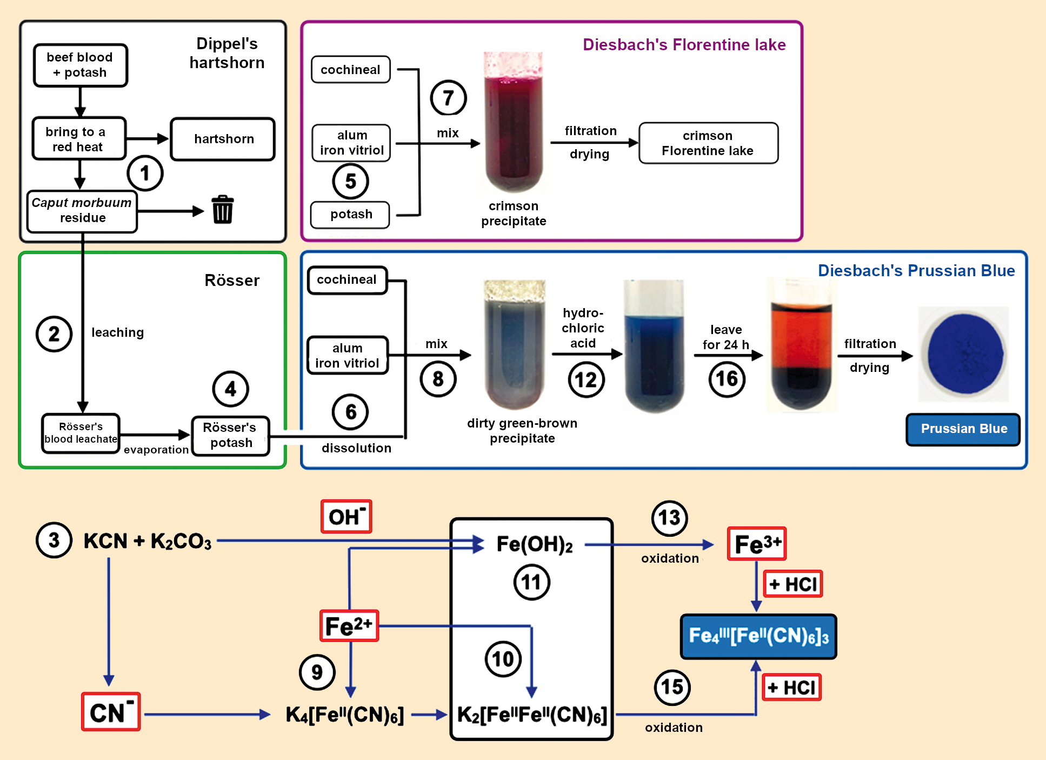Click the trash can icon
(x=222, y=210)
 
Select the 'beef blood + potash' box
(x=80, y=65)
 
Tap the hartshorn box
(x=223, y=139)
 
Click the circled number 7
(x=448, y=98)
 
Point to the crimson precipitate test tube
(x=514, y=124)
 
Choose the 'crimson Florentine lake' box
(x=708, y=143)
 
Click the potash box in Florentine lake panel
(x=350, y=214)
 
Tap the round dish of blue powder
(x=964, y=354)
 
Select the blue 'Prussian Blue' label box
(x=963, y=429)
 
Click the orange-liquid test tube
(x=801, y=346)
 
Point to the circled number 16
(x=727, y=379)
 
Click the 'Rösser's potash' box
(x=231, y=435)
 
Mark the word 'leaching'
(x=117, y=332)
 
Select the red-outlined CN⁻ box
(x=111, y=712)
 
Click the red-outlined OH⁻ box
(x=346, y=516)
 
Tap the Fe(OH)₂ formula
(x=534, y=544)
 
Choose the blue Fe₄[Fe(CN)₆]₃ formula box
(x=758, y=636)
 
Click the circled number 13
(x=669, y=518)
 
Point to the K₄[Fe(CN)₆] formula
(x=345, y=715)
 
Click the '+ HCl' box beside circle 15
(x=791, y=687)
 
